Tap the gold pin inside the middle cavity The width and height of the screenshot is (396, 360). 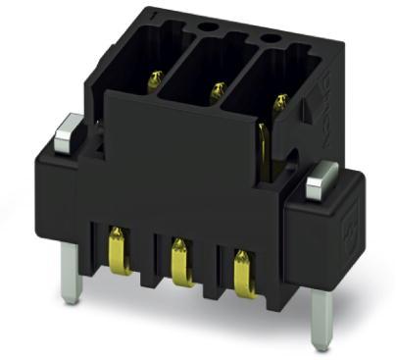click(x=215, y=92)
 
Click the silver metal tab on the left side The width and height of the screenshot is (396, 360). click(x=68, y=129)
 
